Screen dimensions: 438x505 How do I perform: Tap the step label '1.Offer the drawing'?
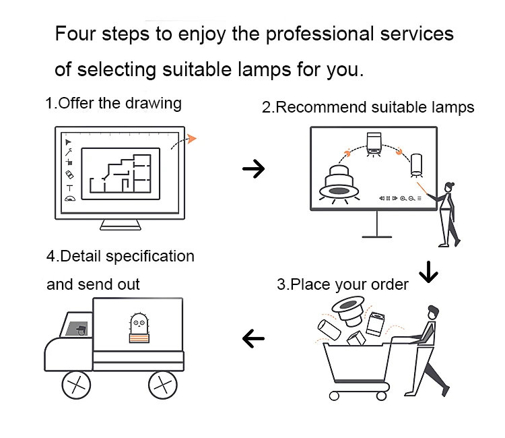click(113, 103)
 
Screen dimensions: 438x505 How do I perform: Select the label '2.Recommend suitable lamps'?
click(368, 107)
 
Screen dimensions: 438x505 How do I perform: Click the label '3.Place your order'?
click(343, 284)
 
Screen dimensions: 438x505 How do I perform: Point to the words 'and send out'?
click(93, 284)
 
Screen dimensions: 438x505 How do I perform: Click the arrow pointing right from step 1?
click(254, 168)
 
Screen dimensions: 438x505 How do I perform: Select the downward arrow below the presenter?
click(428, 272)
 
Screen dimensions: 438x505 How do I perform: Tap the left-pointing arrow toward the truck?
click(254, 337)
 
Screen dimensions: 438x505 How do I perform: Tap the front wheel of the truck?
click(75, 385)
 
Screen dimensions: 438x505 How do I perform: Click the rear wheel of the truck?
click(162, 385)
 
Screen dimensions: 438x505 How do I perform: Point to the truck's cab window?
click(76, 327)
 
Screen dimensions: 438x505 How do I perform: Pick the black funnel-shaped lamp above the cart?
click(348, 311)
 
